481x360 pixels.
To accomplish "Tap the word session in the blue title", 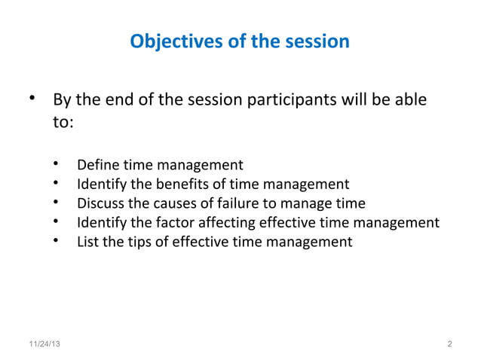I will pyautogui.click(x=317, y=41).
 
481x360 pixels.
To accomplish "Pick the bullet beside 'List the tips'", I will pyautogui.click(x=58, y=242).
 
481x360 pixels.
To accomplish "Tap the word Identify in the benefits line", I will pyautogui.click(x=103, y=184).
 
